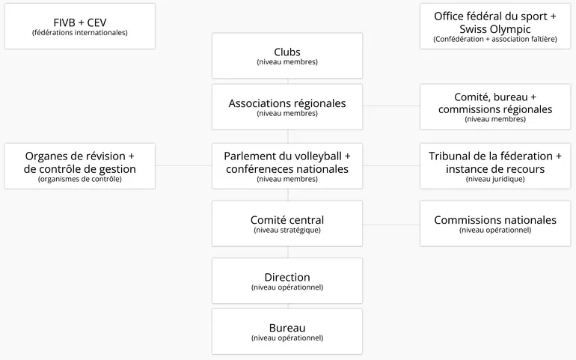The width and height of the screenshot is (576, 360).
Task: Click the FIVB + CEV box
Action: pos(80,26)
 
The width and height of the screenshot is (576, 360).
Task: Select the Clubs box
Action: pos(287,55)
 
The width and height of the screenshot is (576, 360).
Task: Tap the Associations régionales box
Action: pos(287,107)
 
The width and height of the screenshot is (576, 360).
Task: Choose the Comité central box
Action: pos(287,224)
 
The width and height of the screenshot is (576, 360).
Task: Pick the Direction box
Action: pos(287,281)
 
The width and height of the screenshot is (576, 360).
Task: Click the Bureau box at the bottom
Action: pos(287,332)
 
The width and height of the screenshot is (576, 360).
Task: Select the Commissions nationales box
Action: pos(495,224)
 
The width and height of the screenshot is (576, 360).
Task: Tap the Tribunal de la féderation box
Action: pos(495,166)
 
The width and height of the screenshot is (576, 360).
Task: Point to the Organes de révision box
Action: pos(80,166)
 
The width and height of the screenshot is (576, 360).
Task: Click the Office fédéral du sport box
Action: pos(495,26)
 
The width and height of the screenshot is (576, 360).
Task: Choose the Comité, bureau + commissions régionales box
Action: pos(495,107)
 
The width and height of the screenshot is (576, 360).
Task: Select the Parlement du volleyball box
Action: pos(287,166)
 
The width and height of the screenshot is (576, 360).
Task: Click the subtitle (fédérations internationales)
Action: pos(80,33)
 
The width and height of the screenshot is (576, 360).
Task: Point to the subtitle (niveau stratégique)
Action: pos(287,231)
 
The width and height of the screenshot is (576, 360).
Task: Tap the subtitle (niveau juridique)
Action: pos(495,179)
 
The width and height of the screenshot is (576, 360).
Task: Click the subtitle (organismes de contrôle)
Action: pos(80,179)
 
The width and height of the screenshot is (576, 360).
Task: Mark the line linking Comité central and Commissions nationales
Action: pos(391,225)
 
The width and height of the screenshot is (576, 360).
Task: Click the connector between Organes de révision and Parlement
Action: pos(184,165)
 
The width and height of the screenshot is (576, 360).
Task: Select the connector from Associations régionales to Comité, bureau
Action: pos(391,106)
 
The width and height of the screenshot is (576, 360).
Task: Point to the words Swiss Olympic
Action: pos(495,29)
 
